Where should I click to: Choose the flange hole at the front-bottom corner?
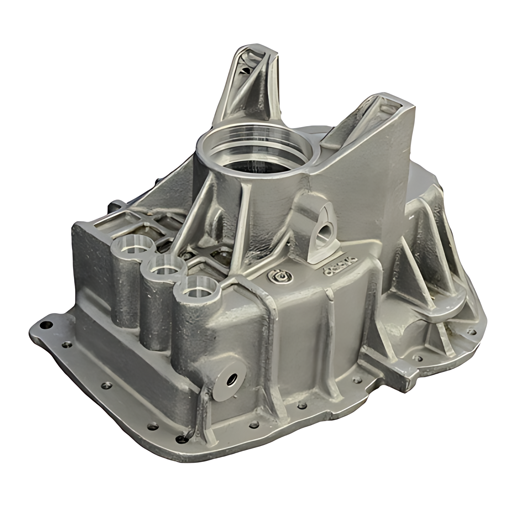click(x=180, y=438)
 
